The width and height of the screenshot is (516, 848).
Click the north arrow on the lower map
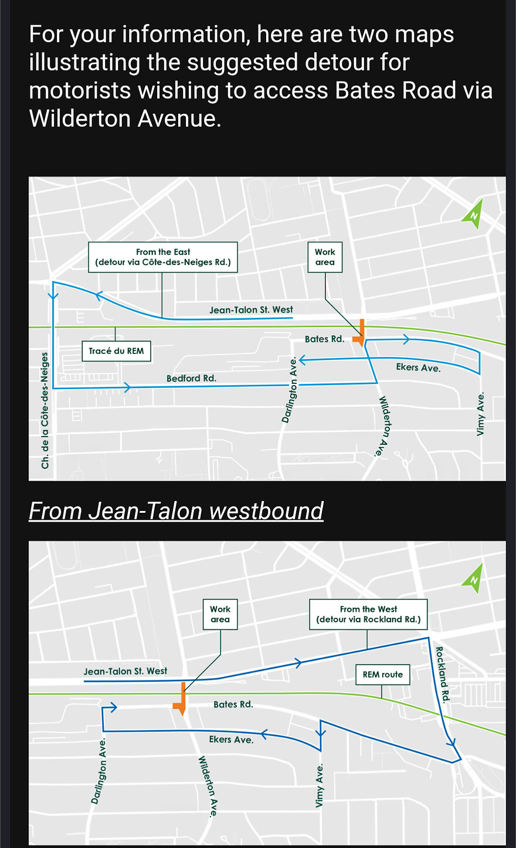click(473, 577)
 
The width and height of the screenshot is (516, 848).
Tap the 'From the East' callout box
click(163, 257)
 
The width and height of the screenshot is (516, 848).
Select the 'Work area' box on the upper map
click(325, 257)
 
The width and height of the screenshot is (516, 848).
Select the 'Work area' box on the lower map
click(220, 614)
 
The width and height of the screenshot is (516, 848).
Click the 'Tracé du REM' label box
click(116, 351)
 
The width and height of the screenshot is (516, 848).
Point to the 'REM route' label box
click(382, 675)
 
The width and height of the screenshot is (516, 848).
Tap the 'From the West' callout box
click(368, 614)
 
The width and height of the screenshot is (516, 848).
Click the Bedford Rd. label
click(191, 379)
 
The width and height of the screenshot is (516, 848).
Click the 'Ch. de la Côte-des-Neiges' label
click(45, 410)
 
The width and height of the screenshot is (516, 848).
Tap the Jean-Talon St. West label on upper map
click(251, 310)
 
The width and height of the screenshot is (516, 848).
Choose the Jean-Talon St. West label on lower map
click(125, 672)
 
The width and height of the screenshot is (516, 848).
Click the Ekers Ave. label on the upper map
click(418, 368)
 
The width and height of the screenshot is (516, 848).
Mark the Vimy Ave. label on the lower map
click(320, 786)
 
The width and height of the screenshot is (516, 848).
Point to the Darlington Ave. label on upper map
click(290, 390)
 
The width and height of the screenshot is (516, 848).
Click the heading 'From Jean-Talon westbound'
click(176, 511)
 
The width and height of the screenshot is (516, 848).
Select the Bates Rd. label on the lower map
click(233, 704)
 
